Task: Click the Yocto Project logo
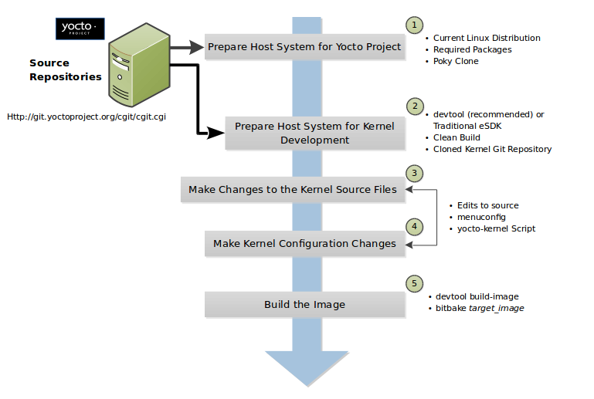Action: click(x=80, y=29)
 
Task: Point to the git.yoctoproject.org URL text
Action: click(x=87, y=117)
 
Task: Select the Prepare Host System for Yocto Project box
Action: click(x=304, y=47)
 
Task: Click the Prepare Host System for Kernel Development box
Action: click(x=314, y=133)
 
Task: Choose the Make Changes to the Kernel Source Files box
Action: click(x=293, y=189)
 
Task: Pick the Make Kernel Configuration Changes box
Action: click(x=304, y=243)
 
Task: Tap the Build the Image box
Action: click(x=304, y=304)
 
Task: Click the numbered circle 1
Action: click(x=415, y=25)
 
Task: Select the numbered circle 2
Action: click(x=415, y=106)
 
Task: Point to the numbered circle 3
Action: click(x=415, y=173)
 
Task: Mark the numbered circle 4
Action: click(x=415, y=227)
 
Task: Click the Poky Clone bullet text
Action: click(x=456, y=61)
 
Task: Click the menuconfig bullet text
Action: click(x=481, y=217)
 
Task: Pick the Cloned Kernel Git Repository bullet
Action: click(x=492, y=149)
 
